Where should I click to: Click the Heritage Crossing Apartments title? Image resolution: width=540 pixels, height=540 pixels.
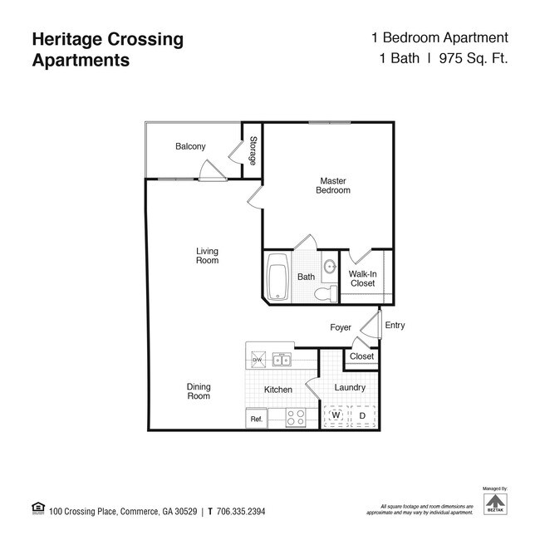click(x=107, y=49)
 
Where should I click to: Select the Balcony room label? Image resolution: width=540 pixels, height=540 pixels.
click(x=190, y=147)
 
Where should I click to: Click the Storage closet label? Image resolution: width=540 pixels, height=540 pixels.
click(x=253, y=150)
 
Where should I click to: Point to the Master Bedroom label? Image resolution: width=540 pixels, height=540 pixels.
click(x=333, y=185)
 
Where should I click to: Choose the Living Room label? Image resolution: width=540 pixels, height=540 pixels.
click(x=207, y=256)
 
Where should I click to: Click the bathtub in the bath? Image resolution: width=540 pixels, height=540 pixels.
click(x=277, y=277)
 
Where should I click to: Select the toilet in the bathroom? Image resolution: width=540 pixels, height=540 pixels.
click(x=331, y=292)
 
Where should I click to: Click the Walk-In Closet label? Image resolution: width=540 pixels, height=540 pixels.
click(x=361, y=278)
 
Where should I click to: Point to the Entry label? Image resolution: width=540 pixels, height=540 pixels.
click(x=395, y=326)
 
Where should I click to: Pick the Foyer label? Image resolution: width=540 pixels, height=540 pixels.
click(x=341, y=327)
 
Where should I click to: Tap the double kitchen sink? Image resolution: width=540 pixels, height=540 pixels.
click(x=282, y=360)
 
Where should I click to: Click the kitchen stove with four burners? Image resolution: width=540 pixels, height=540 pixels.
click(x=296, y=418)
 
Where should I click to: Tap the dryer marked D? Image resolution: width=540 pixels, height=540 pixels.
click(x=362, y=415)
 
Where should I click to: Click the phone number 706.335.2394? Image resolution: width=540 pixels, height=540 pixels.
click(x=240, y=512)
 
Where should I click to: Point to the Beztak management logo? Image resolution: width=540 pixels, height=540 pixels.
click(x=494, y=503)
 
